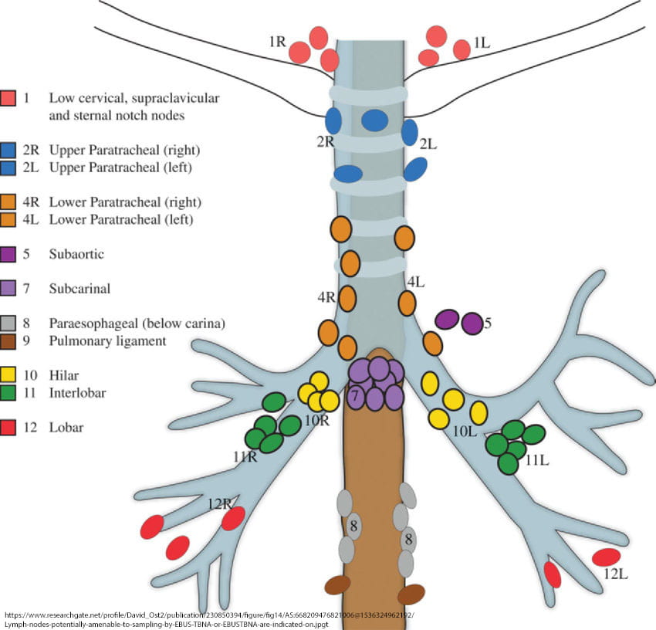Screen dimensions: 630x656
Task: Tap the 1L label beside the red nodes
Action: coord(482,43)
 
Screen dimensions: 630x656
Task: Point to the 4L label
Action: coord(416,282)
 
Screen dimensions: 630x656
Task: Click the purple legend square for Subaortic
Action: coord(8,253)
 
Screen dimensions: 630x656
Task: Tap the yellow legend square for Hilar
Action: coord(8,377)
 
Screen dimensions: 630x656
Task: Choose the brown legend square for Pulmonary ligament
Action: coord(8,340)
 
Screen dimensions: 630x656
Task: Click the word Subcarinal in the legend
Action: coord(79,289)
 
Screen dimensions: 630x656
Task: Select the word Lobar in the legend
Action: coord(65,427)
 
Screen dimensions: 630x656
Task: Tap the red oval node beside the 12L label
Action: coord(606,557)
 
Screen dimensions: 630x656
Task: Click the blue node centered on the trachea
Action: coord(375,120)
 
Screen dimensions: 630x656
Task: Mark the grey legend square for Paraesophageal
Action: coord(8,323)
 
